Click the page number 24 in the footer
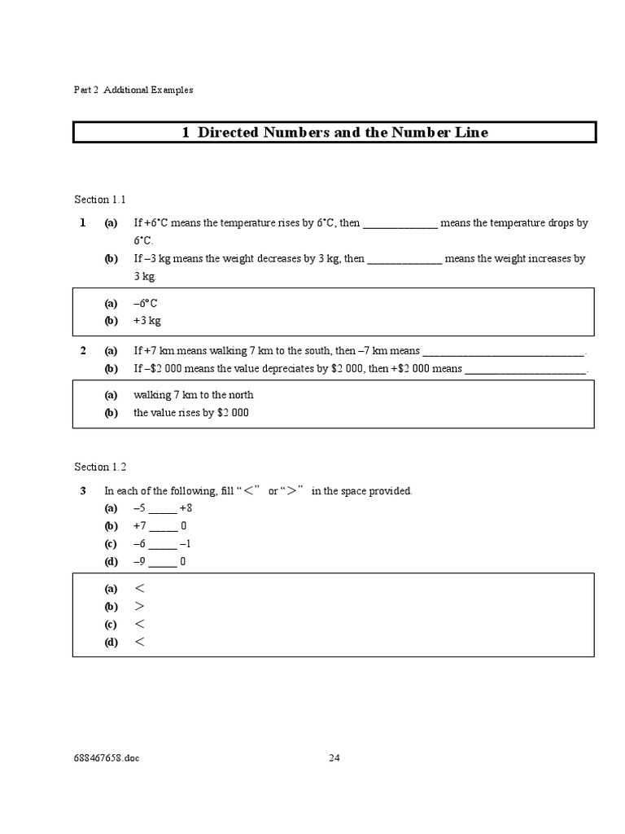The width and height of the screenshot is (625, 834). point(334,757)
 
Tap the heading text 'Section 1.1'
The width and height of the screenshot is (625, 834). point(100,200)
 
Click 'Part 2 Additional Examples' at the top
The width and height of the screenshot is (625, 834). point(133,90)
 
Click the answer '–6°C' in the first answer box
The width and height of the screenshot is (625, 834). point(146,303)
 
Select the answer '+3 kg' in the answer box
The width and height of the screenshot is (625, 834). point(147,321)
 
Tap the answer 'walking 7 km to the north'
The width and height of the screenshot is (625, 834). point(194,395)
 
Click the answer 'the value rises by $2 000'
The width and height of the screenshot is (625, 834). point(191,413)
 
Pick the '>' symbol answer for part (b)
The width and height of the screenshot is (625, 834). point(139,607)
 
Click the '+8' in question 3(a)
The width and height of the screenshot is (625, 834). point(186,508)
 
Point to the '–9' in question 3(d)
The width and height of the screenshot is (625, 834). point(140,562)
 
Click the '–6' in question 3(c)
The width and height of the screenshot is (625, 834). point(140,544)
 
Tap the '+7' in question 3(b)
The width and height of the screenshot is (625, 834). point(140,526)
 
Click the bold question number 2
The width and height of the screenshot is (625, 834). point(83,351)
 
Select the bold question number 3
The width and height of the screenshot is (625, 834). point(83,491)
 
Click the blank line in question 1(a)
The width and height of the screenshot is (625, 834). point(400,223)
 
